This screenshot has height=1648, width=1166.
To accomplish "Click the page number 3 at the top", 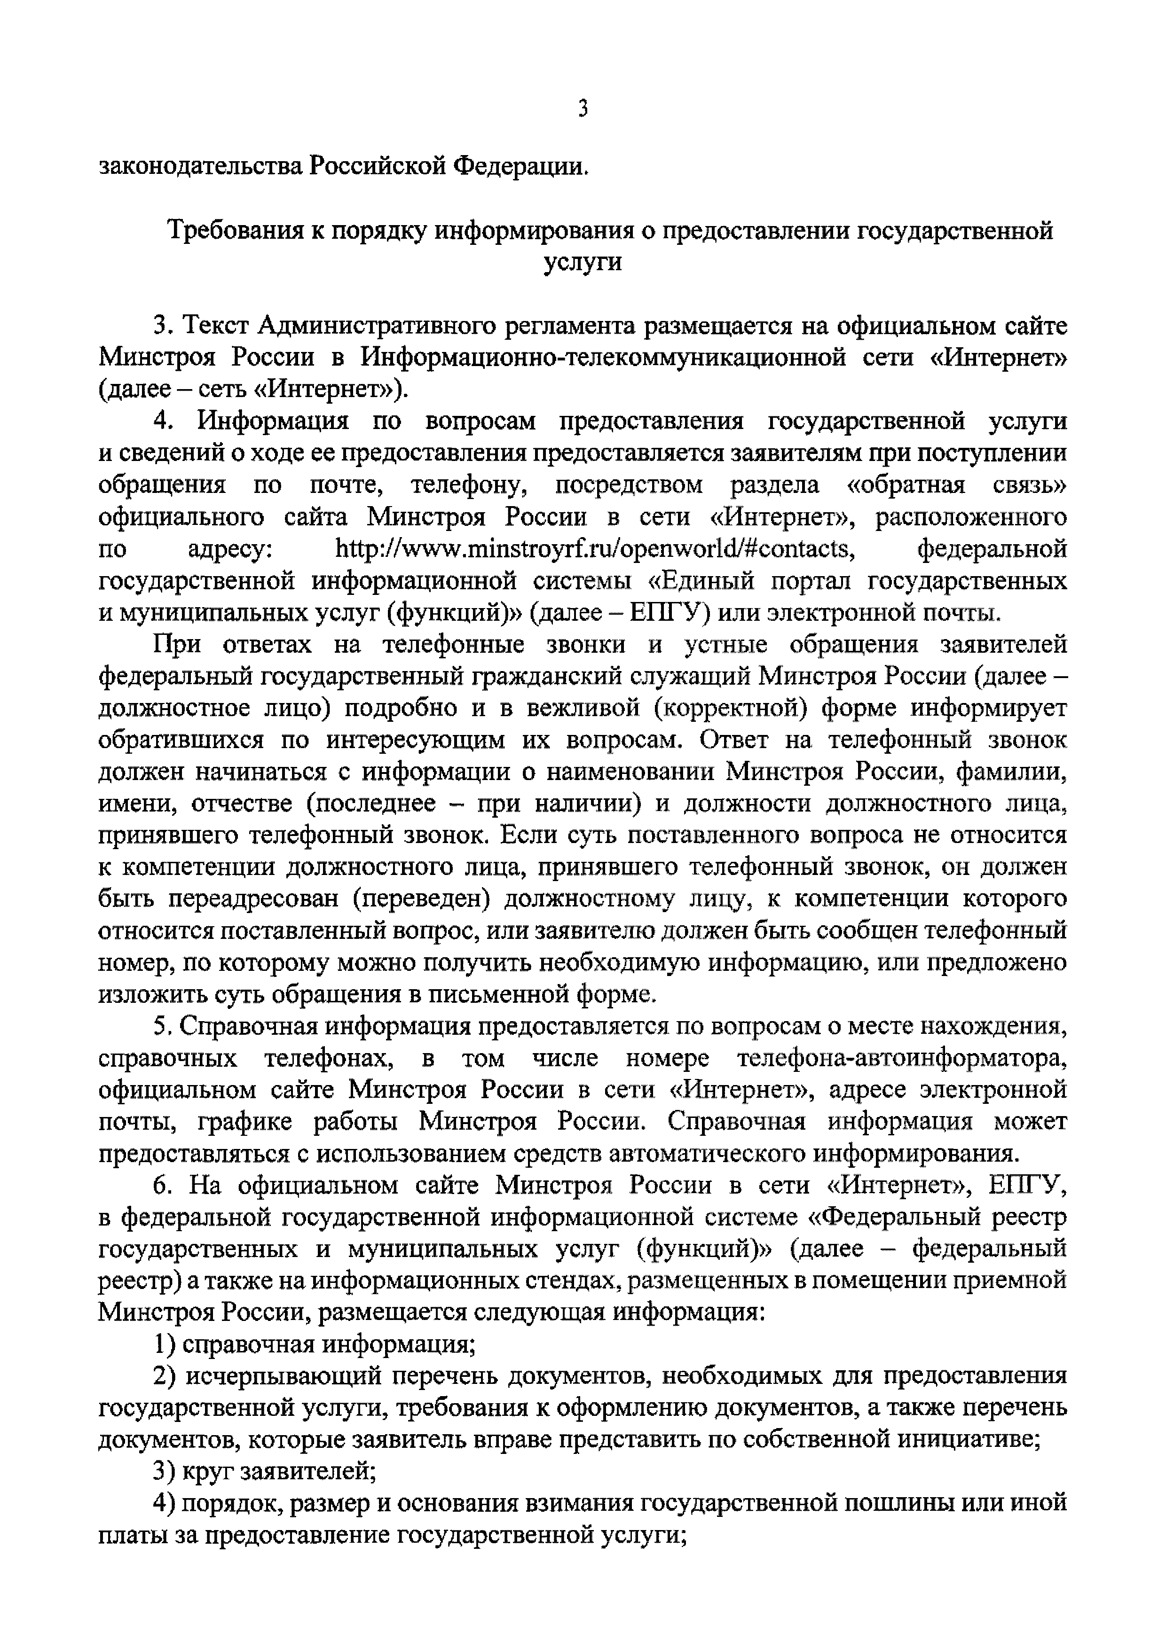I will coord(583,109).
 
